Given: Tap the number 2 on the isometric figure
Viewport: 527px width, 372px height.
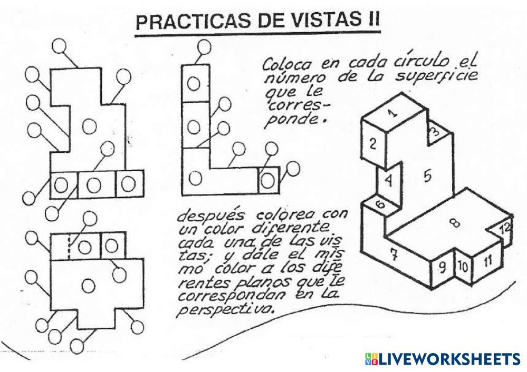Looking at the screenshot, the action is [x=372, y=143].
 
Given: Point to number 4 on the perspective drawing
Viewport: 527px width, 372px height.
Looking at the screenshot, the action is [x=389, y=181].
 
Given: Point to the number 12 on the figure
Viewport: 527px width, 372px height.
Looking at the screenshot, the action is [x=505, y=229].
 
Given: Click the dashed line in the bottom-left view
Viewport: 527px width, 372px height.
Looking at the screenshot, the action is [x=69, y=246].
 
